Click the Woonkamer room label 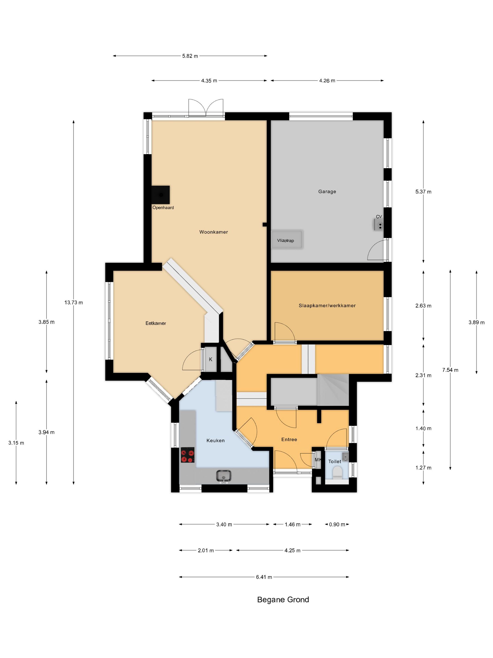point(213,232)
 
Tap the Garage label point(327,192)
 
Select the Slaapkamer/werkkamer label point(327,305)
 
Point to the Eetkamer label point(156,323)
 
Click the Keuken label point(216,441)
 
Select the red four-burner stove point(188,455)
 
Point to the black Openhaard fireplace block point(161,195)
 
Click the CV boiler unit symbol point(379,225)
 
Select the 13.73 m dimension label point(74,302)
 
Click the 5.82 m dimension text point(190,56)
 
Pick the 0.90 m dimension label point(337,525)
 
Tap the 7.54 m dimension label point(450,370)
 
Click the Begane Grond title point(283,600)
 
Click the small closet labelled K point(211,359)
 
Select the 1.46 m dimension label point(293,525)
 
